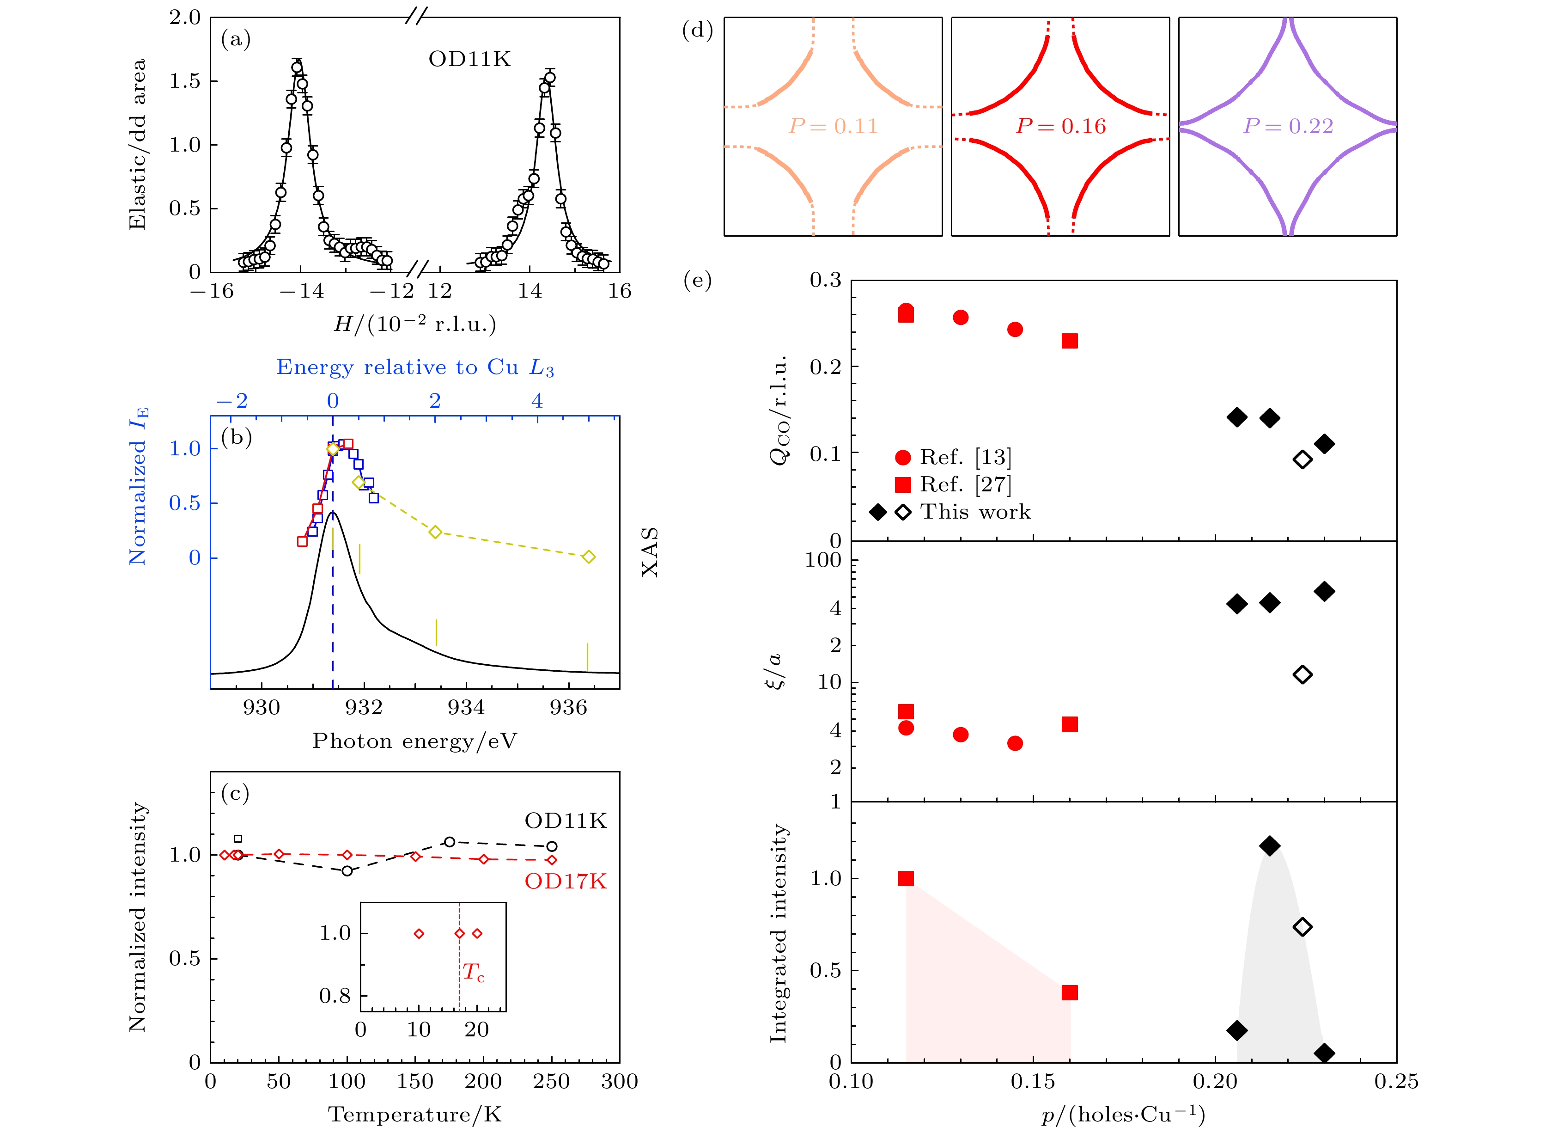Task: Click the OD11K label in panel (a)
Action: coord(469,60)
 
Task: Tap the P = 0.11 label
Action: coord(833,126)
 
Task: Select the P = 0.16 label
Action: coord(1060,126)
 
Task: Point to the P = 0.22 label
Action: coord(1288,126)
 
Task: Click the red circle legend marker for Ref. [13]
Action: coord(903,458)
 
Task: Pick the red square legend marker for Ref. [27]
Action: coord(903,485)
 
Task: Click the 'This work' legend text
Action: coord(975,512)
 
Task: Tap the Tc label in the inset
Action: coord(473,973)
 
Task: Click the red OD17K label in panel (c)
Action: coord(566,881)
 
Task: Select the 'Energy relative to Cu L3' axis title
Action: coord(415,367)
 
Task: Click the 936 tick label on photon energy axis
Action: coord(568,708)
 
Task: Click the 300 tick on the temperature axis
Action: coord(619,1082)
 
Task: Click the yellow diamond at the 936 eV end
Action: coord(588,557)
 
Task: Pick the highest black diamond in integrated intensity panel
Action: coord(1270,845)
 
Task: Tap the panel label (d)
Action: coord(697,31)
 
